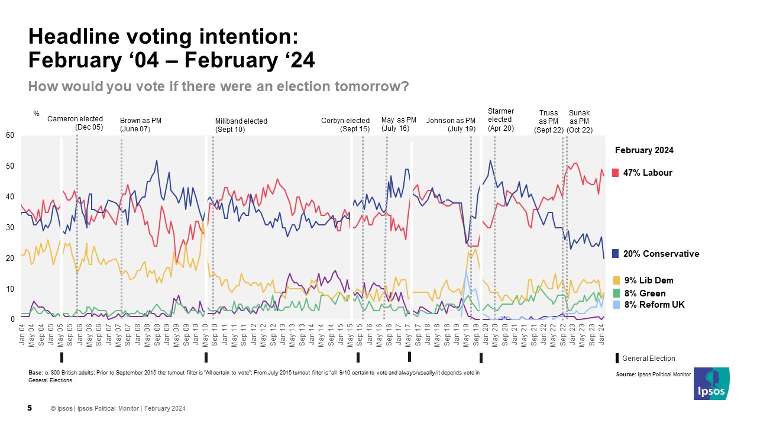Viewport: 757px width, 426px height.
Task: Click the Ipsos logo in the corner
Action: pyautogui.click(x=711, y=383)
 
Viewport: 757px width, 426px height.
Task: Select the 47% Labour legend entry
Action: pyautogui.click(x=648, y=173)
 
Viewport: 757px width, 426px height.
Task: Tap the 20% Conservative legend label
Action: pyautogui.click(x=661, y=254)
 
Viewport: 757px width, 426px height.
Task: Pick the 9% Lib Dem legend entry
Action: pyautogui.click(x=648, y=280)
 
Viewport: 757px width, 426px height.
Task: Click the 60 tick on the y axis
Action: pyautogui.click(x=10, y=135)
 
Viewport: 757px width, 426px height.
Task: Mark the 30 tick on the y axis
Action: pyautogui.click(x=10, y=227)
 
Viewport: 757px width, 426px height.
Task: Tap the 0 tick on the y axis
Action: pyautogui.click(x=12, y=319)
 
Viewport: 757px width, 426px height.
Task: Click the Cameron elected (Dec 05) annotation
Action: pyautogui.click(x=75, y=123)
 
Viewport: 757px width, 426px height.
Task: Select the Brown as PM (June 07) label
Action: pyautogui.click(x=141, y=124)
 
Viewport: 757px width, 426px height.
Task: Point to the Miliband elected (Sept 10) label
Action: pyautogui.click(x=241, y=125)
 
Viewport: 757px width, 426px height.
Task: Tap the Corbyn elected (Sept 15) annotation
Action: pyautogui.click(x=345, y=124)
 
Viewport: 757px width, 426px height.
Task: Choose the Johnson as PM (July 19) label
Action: pyautogui.click(x=451, y=124)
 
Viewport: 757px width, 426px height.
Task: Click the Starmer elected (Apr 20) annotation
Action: pyautogui.click(x=501, y=119)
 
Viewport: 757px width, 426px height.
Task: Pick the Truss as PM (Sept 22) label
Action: pyautogui.click(x=548, y=121)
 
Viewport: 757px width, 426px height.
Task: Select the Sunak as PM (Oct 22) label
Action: pyautogui.click(x=580, y=121)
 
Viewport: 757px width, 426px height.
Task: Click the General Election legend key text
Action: pyautogui.click(x=649, y=359)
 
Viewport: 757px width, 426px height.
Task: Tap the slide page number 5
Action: pyautogui.click(x=30, y=408)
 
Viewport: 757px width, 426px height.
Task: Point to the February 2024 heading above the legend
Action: pyautogui.click(x=644, y=150)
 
